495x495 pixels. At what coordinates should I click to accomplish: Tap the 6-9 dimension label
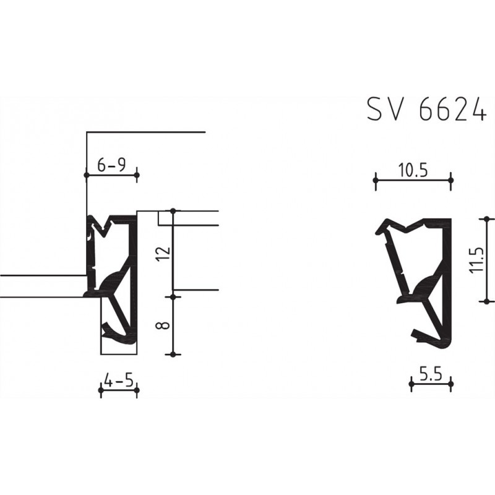click(x=111, y=165)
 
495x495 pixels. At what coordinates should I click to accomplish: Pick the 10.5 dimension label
click(x=413, y=171)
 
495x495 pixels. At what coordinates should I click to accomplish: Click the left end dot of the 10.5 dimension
click(x=376, y=180)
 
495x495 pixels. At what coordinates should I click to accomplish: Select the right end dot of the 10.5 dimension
click(x=450, y=180)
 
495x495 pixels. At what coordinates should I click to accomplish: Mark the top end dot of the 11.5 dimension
click(x=487, y=218)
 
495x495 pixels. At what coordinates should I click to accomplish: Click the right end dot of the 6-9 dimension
click(x=137, y=176)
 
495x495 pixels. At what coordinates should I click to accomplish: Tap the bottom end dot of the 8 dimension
click(x=173, y=354)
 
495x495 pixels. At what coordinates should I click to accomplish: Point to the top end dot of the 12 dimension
click(x=173, y=212)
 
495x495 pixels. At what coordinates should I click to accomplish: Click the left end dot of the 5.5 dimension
click(x=412, y=384)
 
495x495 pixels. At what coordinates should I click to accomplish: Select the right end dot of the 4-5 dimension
click(x=137, y=390)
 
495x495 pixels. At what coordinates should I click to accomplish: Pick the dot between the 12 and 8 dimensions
click(x=173, y=296)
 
